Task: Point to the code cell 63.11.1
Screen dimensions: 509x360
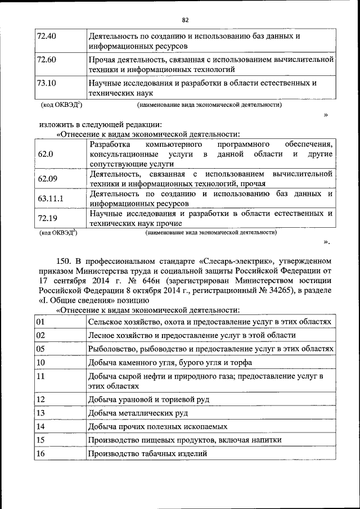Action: point(50,199)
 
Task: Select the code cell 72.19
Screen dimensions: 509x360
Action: point(47,218)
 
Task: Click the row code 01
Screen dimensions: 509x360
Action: point(40,321)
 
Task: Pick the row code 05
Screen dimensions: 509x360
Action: point(40,349)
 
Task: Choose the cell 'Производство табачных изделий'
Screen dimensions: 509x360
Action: point(147,453)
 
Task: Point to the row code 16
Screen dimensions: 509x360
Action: point(40,453)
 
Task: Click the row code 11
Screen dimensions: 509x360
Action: point(40,376)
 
